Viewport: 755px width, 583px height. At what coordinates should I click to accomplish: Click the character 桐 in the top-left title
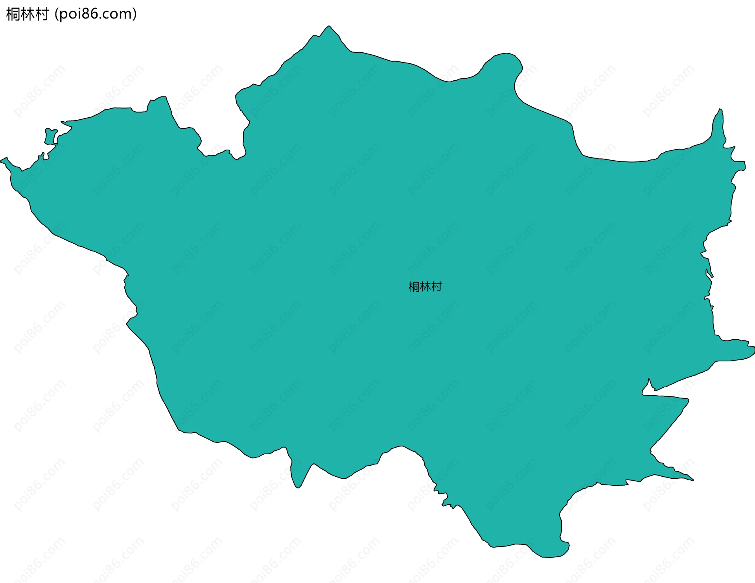[x=13, y=15]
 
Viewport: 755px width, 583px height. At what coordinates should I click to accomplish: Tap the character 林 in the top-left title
[x=27, y=15]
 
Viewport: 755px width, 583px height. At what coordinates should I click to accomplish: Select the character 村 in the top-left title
[x=41, y=15]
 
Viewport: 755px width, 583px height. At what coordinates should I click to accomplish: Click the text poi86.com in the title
[x=96, y=15]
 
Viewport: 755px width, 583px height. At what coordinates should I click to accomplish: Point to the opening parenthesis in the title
[x=57, y=15]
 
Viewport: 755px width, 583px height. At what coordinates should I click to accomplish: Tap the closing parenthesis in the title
[x=135, y=15]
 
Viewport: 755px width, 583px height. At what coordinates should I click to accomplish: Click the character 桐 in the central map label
[x=414, y=287]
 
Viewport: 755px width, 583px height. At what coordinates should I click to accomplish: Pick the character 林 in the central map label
[x=425, y=287]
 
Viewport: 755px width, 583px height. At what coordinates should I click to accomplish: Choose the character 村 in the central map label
[x=436, y=287]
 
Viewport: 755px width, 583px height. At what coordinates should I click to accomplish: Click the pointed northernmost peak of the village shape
[x=329, y=27]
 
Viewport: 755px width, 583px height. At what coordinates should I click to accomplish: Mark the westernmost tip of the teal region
[x=2, y=160]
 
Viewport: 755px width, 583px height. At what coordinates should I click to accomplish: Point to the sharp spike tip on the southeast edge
[x=692, y=480]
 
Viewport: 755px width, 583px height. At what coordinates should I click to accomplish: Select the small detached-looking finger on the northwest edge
[x=50, y=136]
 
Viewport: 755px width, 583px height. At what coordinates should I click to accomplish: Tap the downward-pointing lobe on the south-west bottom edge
[x=298, y=482]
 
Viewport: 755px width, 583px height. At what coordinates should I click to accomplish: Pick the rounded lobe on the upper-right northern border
[x=505, y=63]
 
